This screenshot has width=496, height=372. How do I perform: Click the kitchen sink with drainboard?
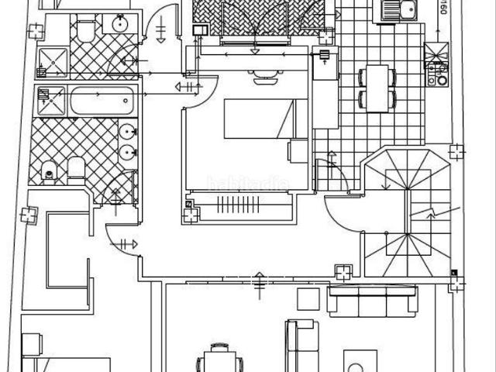coord(397,10)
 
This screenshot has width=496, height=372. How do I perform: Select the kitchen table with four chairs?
coord(377,88)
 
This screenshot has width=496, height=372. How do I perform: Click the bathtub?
coord(103,101)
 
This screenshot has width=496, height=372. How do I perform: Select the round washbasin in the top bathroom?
coord(120,24)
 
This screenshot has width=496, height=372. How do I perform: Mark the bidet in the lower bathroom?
coord(76,168)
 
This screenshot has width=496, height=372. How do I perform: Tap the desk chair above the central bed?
coord(263,74)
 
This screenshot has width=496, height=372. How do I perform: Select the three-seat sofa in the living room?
coord(372,301)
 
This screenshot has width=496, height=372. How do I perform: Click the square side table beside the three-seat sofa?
coord(308,298)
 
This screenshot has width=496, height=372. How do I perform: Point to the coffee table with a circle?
coord(360,364)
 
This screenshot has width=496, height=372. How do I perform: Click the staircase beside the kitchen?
coord(407,213)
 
